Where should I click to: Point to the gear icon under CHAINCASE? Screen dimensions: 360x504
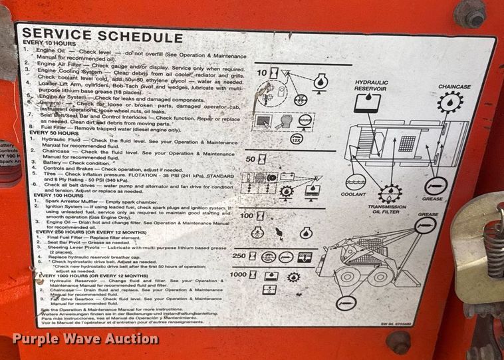[x=450, y=103]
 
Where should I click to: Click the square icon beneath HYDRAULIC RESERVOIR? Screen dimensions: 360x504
[x=364, y=102]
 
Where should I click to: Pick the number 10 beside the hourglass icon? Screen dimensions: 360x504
[x=261, y=71]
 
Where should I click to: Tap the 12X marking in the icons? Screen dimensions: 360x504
[x=297, y=138]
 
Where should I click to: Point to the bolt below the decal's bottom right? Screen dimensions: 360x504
[x=398, y=341]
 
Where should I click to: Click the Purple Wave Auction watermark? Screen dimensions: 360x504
[x=85, y=339]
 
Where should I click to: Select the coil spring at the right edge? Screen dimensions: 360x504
[x=493, y=239]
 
